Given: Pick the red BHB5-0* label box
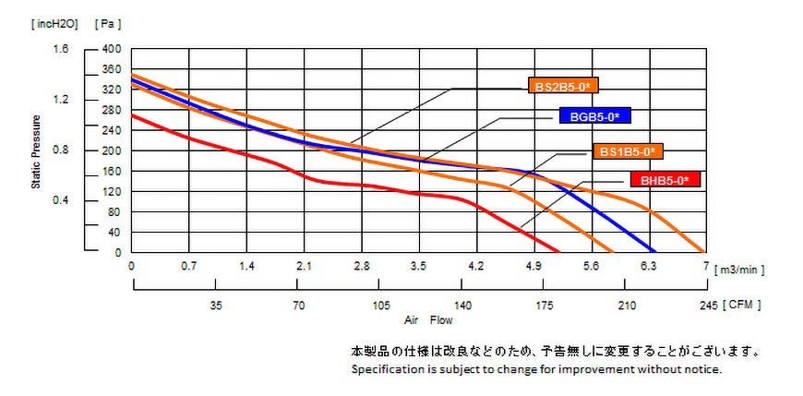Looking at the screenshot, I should pyautogui.click(x=665, y=180).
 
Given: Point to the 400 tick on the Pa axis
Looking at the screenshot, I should pyautogui.click(x=111, y=49).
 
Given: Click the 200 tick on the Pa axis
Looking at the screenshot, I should pyautogui.click(x=111, y=150).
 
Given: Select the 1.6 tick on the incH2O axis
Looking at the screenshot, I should pyautogui.click(x=60, y=49).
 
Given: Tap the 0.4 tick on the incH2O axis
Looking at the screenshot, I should pyautogui.click(x=60, y=200).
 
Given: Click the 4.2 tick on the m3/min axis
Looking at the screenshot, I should pyautogui.click(x=476, y=266).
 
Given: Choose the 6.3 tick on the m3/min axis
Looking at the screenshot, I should pyautogui.click(x=648, y=266).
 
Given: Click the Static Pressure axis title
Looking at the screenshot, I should pyautogui.click(x=37, y=151).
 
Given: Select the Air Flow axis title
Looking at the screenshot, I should pyautogui.click(x=428, y=321).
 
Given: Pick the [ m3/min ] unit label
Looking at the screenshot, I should pyautogui.click(x=739, y=268).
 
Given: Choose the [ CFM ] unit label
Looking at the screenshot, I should pyautogui.click(x=743, y=304).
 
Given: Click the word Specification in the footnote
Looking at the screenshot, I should pyautogui.click(x=385, y=368).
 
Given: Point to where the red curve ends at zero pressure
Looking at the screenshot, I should pyautogui.click(x=559, y=252).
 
